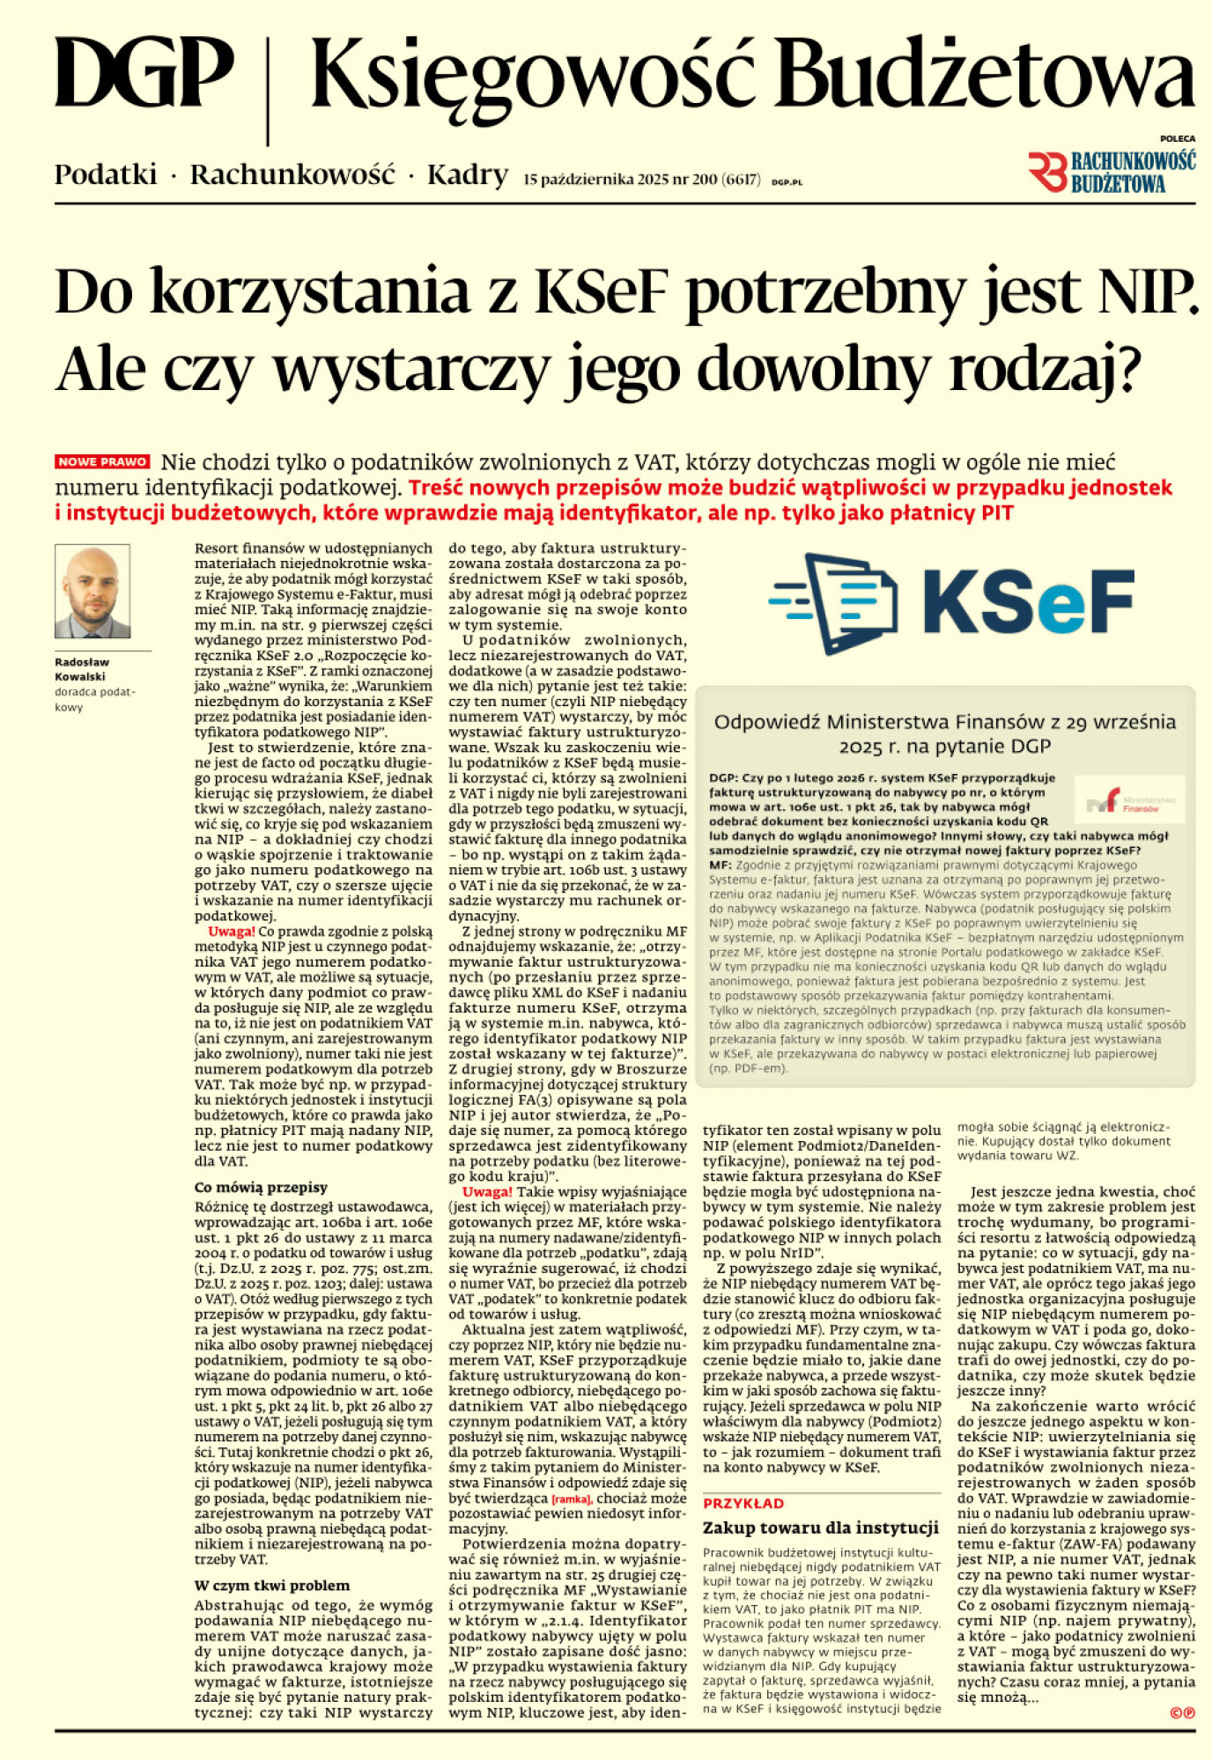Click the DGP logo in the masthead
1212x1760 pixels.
click(144, 74)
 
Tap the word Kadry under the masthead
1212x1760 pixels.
click(467, 175)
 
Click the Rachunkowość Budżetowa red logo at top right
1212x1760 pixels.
click(1112, 172)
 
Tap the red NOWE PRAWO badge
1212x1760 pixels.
click(103, 461)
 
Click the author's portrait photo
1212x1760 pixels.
click(92, 591)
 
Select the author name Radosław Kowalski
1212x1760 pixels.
click(81, 669)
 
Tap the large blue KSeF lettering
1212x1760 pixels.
click(1028, 602)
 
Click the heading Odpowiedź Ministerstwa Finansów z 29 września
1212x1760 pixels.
click(944, 723)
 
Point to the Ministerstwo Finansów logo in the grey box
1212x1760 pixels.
click(1130, 800)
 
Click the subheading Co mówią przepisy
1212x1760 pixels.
click(260, 1187)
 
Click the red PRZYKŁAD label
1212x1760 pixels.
click(743, 1504)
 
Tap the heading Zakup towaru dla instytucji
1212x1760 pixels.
click(820, 1528)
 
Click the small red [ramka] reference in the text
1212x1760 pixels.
click(570, 1499)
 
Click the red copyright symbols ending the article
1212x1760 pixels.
click(1182, 1712)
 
